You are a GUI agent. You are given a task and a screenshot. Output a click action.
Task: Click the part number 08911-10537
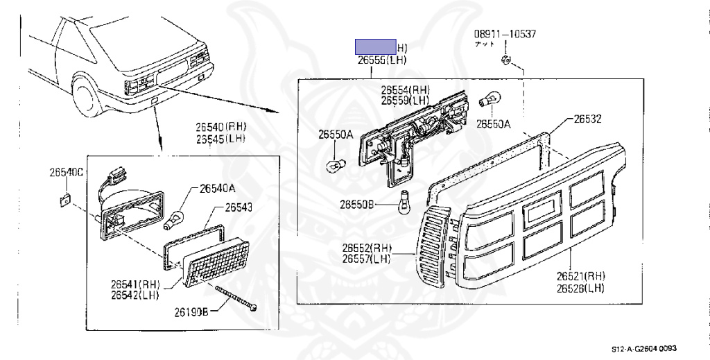point(505,34)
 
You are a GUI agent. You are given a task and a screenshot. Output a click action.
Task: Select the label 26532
point(587,119)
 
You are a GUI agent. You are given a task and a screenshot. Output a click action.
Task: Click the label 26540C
point(66,172)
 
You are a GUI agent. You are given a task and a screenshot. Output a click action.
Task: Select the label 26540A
point(217,187)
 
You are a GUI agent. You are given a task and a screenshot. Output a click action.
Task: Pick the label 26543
point(238,207)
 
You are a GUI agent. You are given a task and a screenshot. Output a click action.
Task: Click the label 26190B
point(191,312)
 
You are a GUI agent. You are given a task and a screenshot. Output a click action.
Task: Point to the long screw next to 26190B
point(236,298)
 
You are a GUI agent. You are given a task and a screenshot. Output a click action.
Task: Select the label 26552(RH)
point(366,248)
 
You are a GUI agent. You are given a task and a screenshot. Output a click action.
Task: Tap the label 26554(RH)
point(405,90)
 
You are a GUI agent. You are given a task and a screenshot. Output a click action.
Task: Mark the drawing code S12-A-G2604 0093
point(643,349)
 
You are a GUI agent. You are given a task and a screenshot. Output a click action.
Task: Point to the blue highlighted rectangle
point(376,46)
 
